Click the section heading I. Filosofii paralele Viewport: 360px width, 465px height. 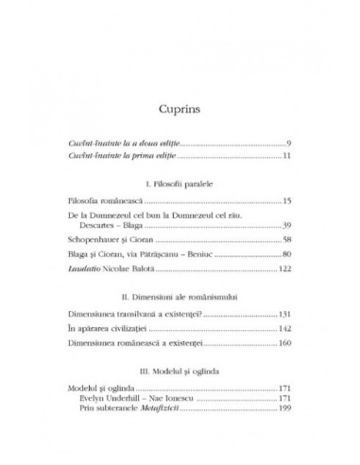pyautogui.click(x=180, y=183)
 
